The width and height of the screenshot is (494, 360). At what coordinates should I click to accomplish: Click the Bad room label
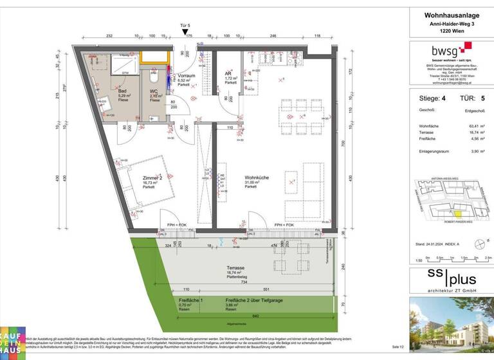(122, 92)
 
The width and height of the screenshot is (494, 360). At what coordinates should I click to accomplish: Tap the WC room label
(154, 92)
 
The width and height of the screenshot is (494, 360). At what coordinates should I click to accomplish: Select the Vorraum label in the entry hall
(187, 76)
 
